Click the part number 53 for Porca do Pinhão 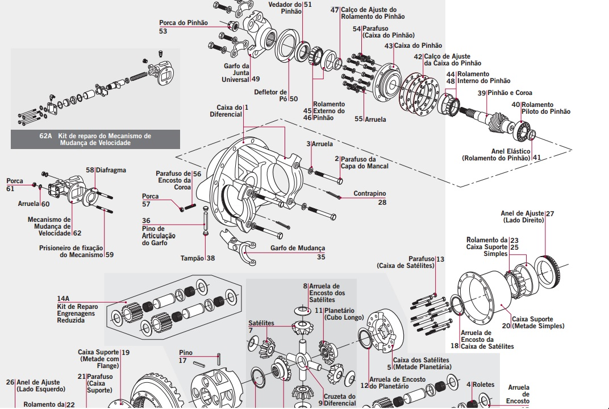pyautogui.click(x=163, y=31)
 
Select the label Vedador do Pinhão pyautogui.click(x=285, y=7)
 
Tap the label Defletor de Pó pyautogui.click(x=271, y=95)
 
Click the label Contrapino pyautogui.click(x=369, y=193)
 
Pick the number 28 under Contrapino pyautogui.click(x=382, y=203)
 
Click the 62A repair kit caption pyautogui.click(x=95, y=139)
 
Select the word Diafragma pyautogui.click(x=111, y=170)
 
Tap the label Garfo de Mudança pyautogui.click(x=297, y=248)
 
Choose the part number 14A pyautogui.click(x=63, y=298)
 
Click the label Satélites pyautogui.click(x=261, y=323)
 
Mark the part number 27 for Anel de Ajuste pyautogui.click(x=549, y=213)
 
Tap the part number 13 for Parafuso pyautogui.click(x=440, y=259)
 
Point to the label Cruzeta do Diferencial pyautogui.click(x=340, y=400)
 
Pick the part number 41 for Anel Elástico pyautogui.click(x=537, y=158)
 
